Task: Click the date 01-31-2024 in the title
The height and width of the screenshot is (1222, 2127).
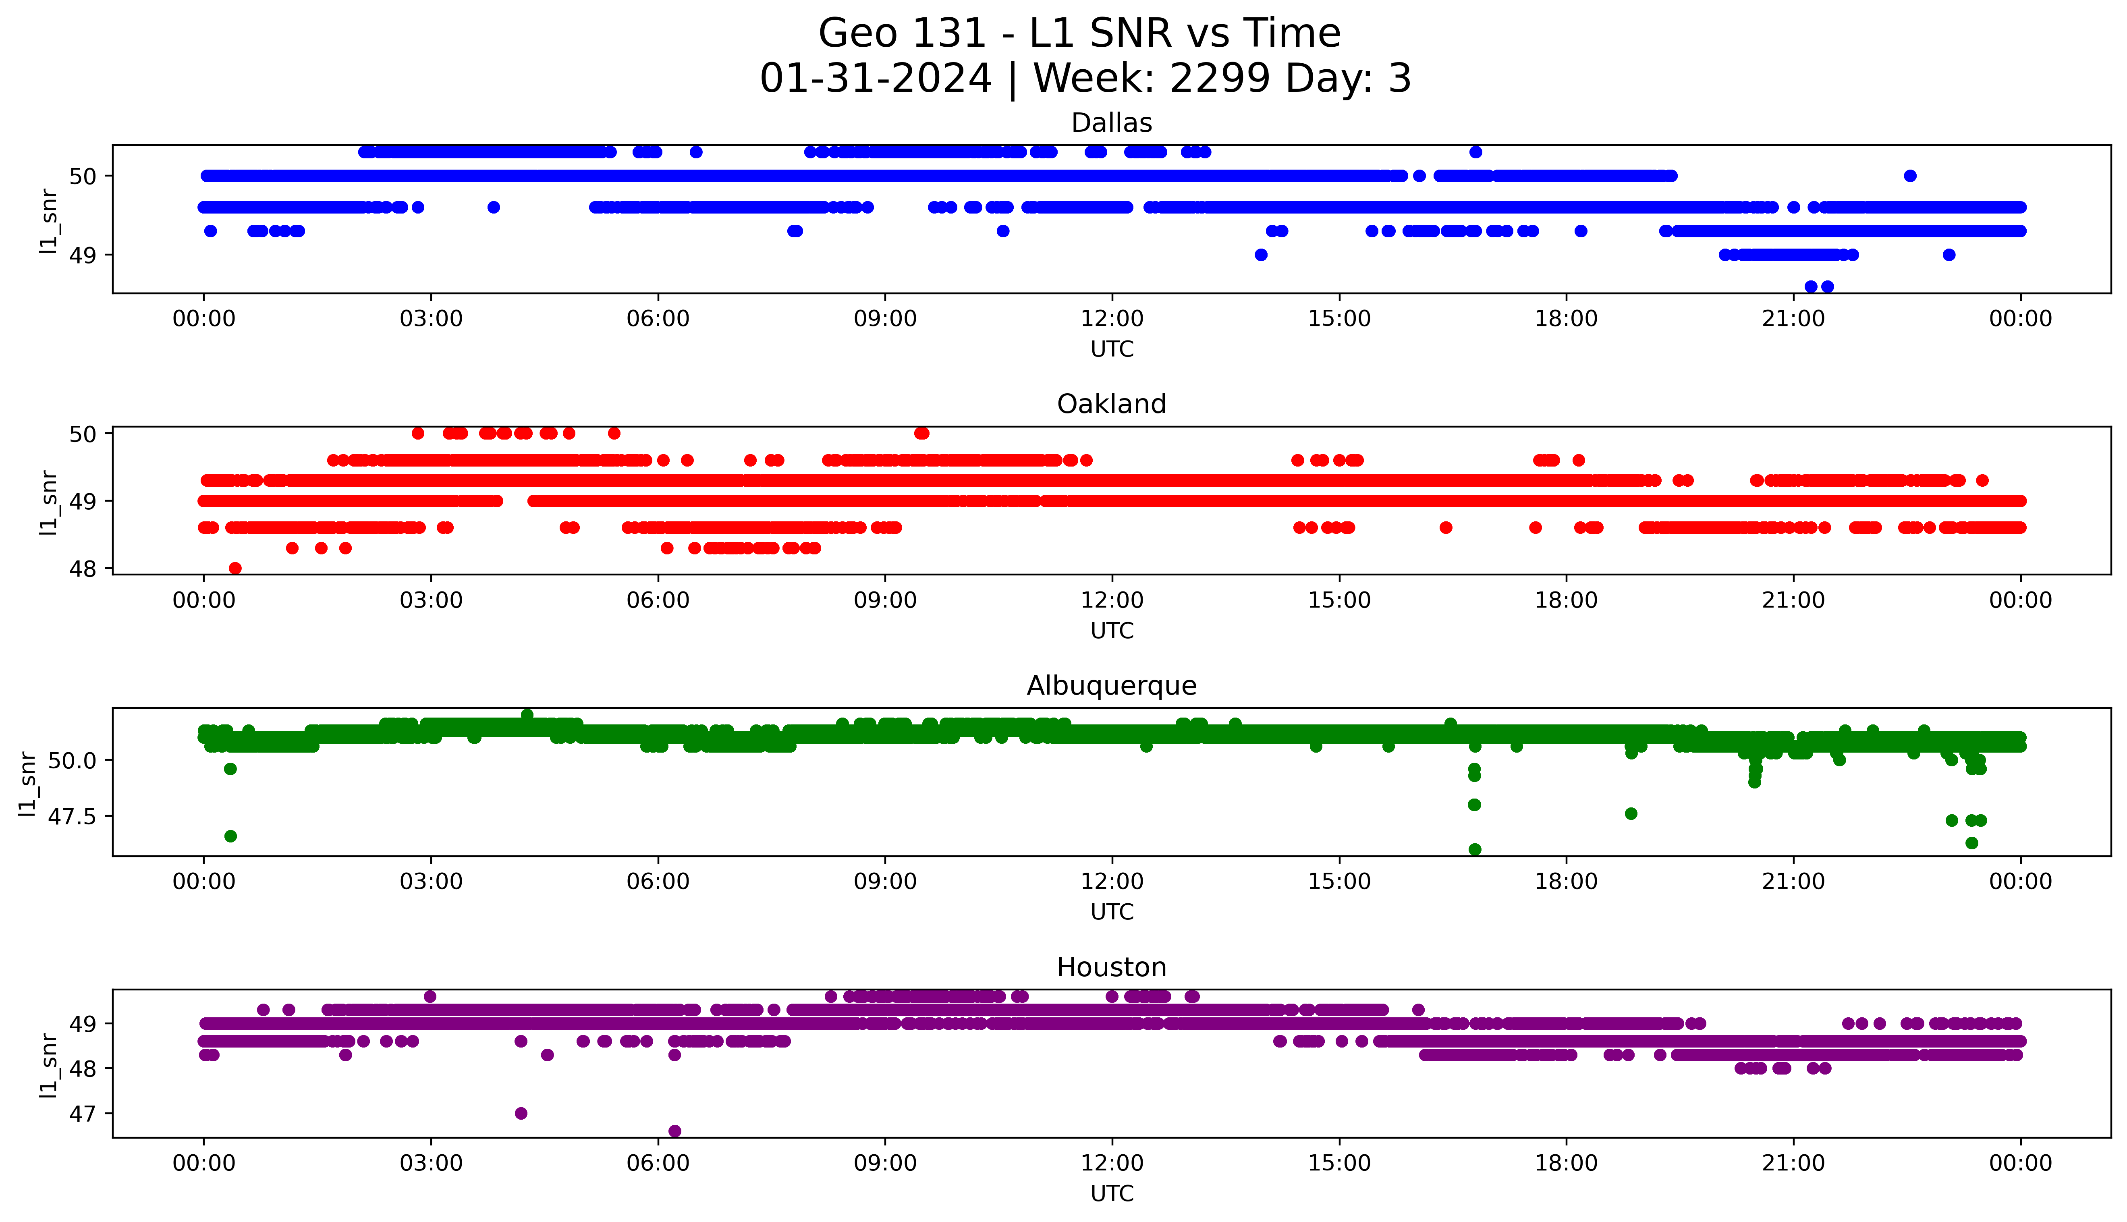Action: [875, 79]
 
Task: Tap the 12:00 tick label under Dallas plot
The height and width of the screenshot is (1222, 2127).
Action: [1112, 319]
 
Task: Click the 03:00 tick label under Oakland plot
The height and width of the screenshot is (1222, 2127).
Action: [431, 600]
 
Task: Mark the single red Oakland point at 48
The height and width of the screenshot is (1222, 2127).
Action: [235, 568]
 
